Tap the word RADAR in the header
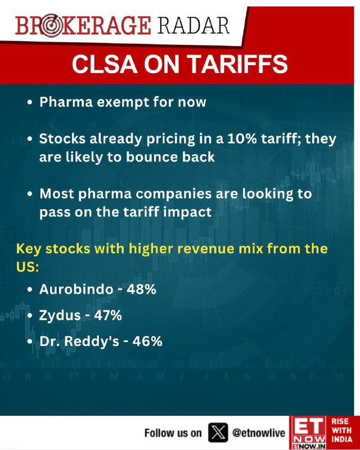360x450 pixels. coord(193,26)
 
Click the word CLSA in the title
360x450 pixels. coord(105,64)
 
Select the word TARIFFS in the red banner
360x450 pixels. coord(238,64)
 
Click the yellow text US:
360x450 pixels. coord(27,267)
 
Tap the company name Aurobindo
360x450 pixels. coord(76,289)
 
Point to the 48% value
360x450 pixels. coord(141,289)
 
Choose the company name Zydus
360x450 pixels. coord(60,316)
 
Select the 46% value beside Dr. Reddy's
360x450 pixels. coord(147,341)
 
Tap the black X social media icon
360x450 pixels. coord(218,432)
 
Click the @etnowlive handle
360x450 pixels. coord(259,433)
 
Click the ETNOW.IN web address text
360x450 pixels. coord(308,446)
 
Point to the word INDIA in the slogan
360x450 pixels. coord(341,439)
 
